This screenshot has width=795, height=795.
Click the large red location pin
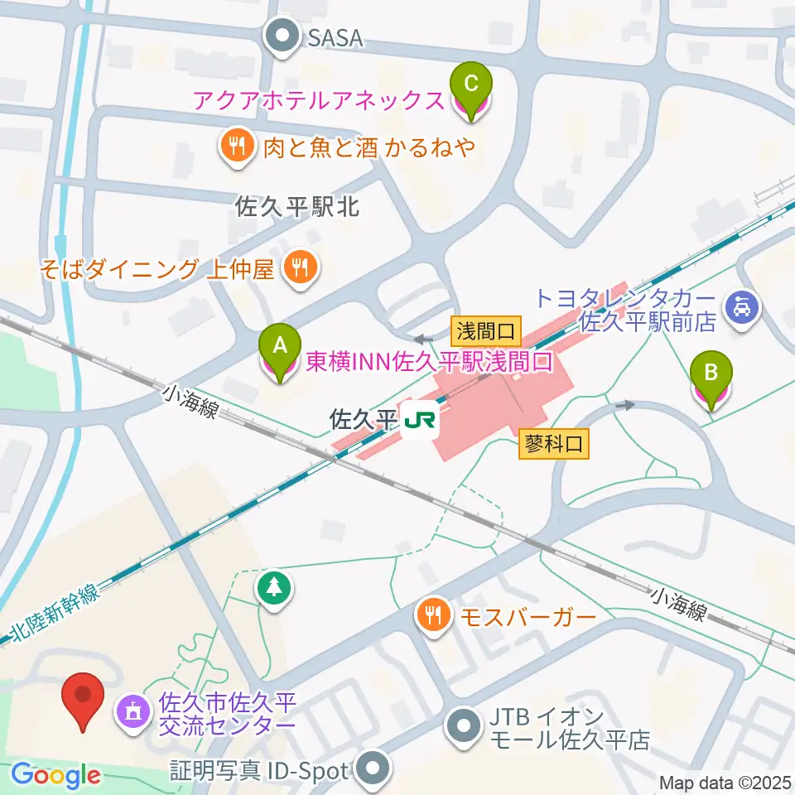click(x=84, y=700)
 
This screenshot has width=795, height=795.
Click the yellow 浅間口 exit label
click(x=486, y=333)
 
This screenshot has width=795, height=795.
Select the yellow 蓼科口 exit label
click(x=554, y=445)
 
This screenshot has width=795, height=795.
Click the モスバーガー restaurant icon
click(x=432, y=617)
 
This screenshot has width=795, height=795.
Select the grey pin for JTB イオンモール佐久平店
click(x=462, y=726)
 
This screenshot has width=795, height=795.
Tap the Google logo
click(x=56, y=776)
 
